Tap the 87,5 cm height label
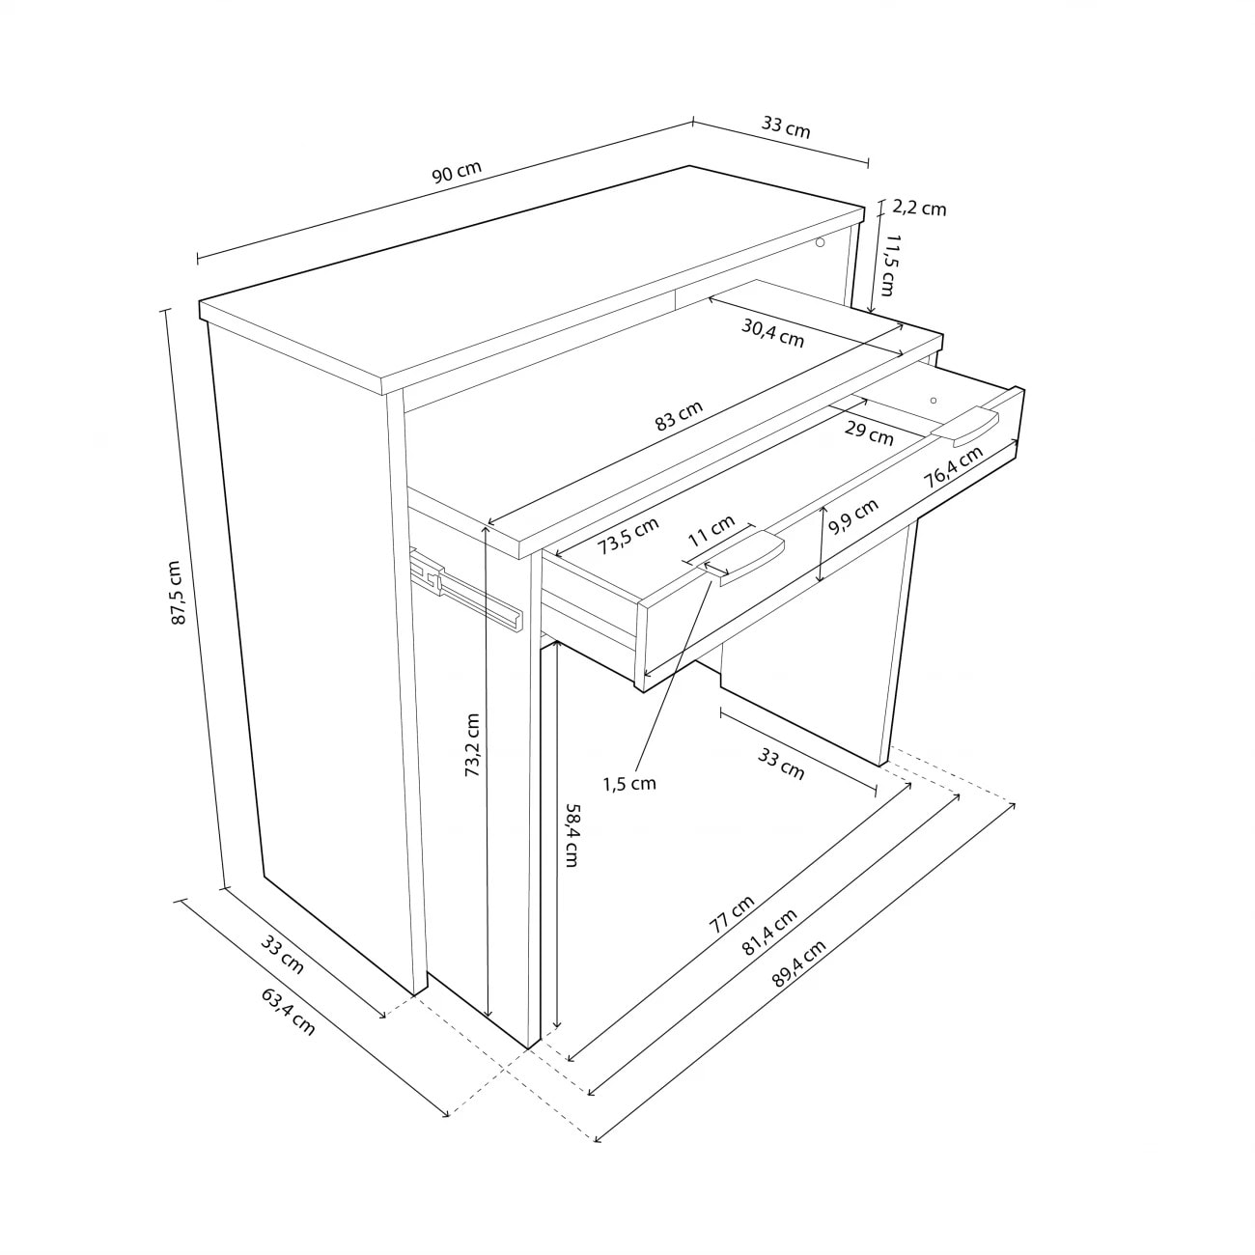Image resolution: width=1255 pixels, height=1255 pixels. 179,592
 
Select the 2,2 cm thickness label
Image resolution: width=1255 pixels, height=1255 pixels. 919,208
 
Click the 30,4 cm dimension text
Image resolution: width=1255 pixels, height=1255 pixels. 772,333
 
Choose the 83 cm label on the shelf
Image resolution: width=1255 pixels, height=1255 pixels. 679,415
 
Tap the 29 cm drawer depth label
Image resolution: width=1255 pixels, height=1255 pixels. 869,432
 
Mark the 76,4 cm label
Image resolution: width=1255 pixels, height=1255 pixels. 953,467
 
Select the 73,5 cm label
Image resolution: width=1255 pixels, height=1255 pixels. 628,535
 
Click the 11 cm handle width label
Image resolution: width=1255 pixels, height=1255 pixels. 711,530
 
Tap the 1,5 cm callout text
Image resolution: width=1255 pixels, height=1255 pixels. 629,784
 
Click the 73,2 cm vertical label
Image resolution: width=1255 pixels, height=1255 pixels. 472,744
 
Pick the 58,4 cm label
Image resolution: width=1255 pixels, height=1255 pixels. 572,836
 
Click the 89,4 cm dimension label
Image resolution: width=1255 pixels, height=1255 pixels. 798,963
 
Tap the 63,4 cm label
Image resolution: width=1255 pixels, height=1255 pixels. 288,1012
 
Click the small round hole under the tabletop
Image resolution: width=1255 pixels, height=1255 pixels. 820,242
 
